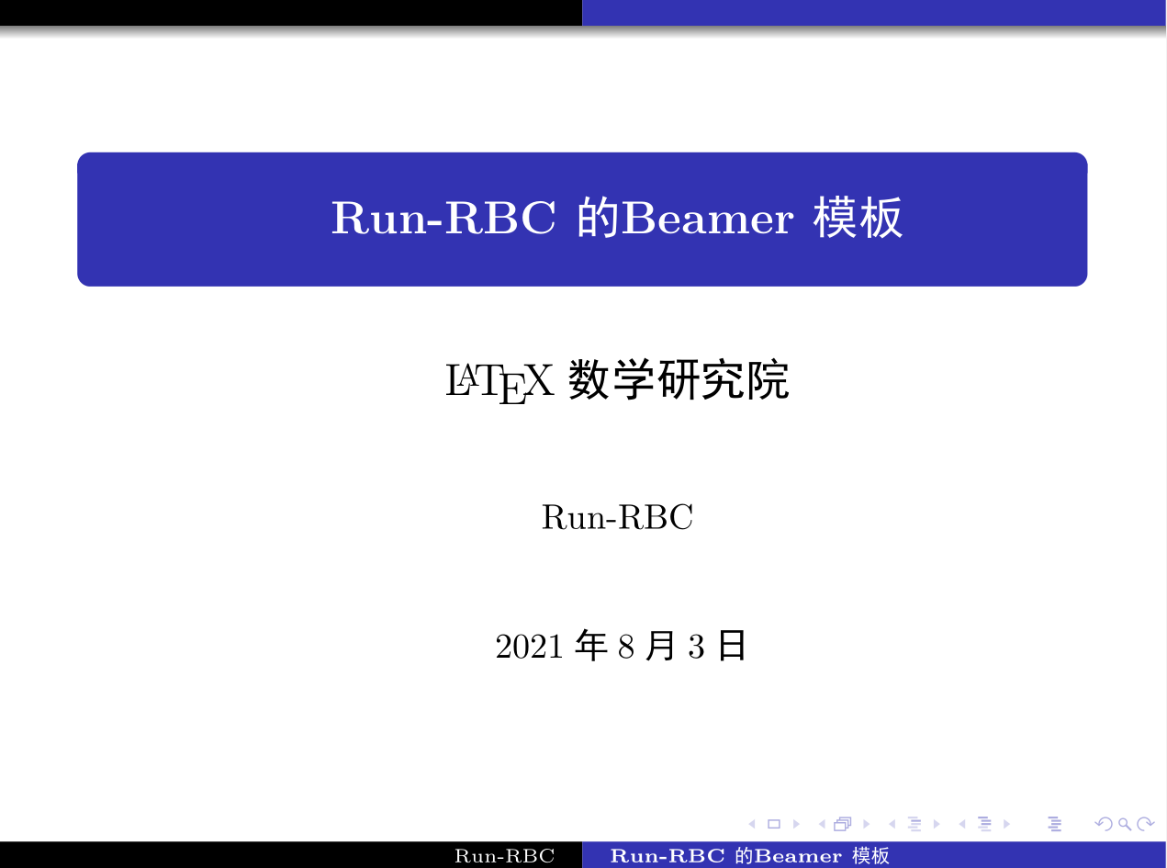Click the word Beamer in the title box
pos(706,220)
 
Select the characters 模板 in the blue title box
pos(858,220)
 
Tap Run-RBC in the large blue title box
pos(443,220)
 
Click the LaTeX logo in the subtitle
pos(499,381)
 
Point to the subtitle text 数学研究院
pos(679,380)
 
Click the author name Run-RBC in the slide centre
pos(616,518)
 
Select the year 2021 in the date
pos(528,648)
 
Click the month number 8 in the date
pos(626,648)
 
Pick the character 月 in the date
pos(660,647)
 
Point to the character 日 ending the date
pos(731,647)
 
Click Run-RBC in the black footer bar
pos(505,857)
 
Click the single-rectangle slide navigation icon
pos(773,824)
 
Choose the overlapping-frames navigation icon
pos(841,824)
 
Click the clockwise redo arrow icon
pos(1145,824)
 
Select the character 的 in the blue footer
pos(744,857)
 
